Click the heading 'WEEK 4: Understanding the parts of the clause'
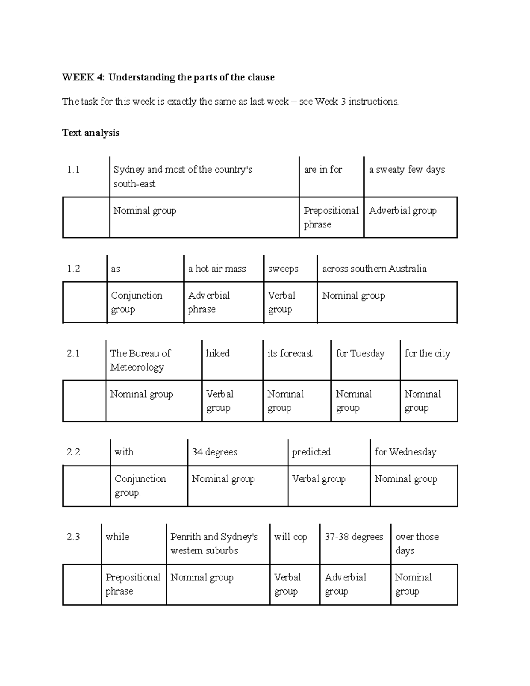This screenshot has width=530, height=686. pyautogui.click(x=168, y=77)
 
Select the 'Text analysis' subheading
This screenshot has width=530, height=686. pyautogui.click(x=91, y=133)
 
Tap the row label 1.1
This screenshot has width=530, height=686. pyautogui.click(x=73, y=170)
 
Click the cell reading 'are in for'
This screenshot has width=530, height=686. pyautogui.click(x=323, y=170)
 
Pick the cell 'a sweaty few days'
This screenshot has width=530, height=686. pyautogui.click(x=407, y=170)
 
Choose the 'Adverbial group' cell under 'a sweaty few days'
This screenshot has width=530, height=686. pyautogui.click(x=403, y=211)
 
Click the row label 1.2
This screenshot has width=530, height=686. pyautogui.click(x=73, y=269)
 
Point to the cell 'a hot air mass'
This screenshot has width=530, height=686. pyautogui.click(x=217, y=269)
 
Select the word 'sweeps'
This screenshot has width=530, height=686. pyautogui.click(x=283, y=269)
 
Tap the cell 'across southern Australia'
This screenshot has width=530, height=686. pyautogui.click(x=374, y=269)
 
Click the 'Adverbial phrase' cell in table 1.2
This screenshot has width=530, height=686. pyautogui.click(x=209, y=302)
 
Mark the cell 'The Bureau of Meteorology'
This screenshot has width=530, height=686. pyautogui.click(x=140, y=360)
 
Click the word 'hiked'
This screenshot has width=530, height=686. pyautogui.click(x=218, y=353)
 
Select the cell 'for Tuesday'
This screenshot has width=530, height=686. pyautogui.click(x=360, y=353)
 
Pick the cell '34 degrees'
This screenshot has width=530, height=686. pyautogui.click(x=214, y=452)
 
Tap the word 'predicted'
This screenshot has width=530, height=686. pyautogui.click(x=311, y=452)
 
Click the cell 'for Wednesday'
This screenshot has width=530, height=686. pyautogui.click(x=405, y=452)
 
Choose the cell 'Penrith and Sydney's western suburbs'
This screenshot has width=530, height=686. pyautogui.click(x=214, y=543)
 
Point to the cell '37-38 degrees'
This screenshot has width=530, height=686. pyautogui.click(x=354, y=537)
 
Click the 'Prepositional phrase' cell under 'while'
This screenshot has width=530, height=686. pyautogui.click(x=132, y=584)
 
